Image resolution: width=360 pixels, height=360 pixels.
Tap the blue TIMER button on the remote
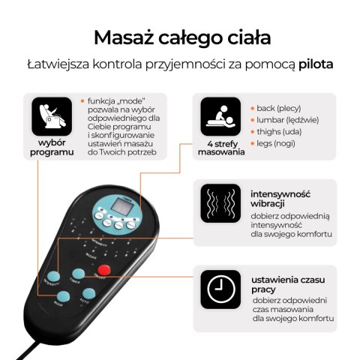pyautogui.click(x=78, y=274)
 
